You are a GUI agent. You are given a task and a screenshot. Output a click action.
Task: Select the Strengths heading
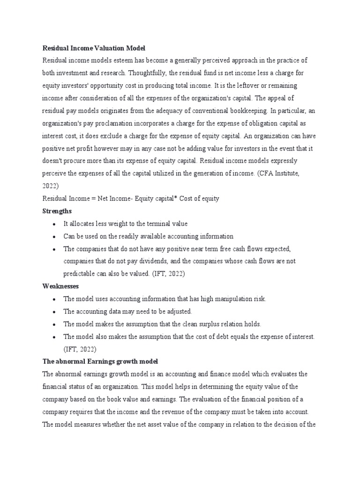(x=57, y=211)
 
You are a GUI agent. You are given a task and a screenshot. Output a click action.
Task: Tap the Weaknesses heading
(x=60, y=286)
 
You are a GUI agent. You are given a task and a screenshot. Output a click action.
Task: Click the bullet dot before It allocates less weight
(x=55, y=224)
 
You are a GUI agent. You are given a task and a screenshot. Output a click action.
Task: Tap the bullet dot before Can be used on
(x=55, y=237)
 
